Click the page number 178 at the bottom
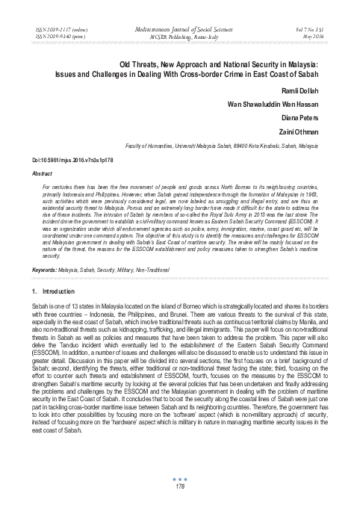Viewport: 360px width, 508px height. click(179, 487)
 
